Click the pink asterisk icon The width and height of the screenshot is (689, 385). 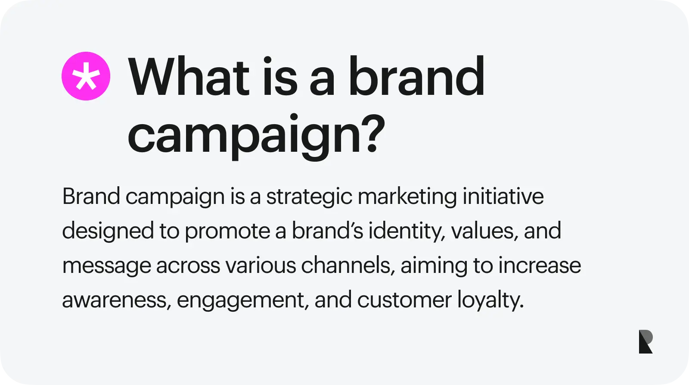click(x=86, y=76)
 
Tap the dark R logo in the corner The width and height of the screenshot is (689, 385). click(x=646, y=341)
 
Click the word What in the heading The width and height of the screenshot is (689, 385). click(x=189, y=78)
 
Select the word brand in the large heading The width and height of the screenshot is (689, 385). click(x=416, y=78)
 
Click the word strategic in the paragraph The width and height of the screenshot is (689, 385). click(x=309, y=197)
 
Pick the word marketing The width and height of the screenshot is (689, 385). click(x=407, y=197)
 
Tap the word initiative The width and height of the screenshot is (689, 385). click(x=503, y=197)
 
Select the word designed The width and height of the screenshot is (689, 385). click(x=108, y=232)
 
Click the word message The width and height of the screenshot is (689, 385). click(x=106, y=266)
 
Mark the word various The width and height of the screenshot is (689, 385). click(x=261, y=266)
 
